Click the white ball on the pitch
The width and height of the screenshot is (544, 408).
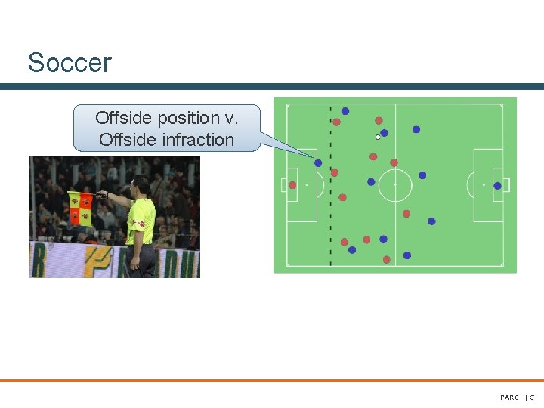[378, 137]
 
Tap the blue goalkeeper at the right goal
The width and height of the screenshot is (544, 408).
[497, 186]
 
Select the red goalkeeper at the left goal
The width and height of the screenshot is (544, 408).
[292, 185]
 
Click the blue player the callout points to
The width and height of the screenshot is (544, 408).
[318, 163]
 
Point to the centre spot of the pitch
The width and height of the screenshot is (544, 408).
[394, 184]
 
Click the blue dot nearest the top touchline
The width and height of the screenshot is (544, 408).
[345, 111]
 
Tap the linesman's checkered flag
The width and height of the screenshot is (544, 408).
[80, 209]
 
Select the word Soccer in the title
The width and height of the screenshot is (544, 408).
[69, 62]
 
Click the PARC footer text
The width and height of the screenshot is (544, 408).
[509, 397]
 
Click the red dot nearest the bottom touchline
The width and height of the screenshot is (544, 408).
[387, 259]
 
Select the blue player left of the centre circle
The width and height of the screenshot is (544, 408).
[371, 182]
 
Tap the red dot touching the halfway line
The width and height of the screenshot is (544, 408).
[394, 162]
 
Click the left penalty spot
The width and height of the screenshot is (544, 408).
[306, 185]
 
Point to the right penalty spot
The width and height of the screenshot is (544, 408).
[484, 185]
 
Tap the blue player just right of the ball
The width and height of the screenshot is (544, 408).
[385, 133]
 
